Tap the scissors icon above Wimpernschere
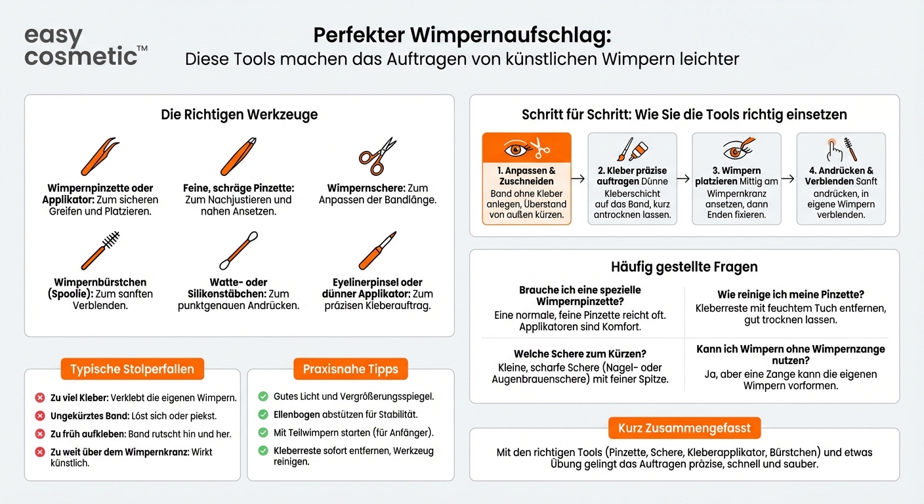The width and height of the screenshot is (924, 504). pos(377,156)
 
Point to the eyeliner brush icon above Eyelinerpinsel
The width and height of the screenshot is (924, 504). pos(377,250)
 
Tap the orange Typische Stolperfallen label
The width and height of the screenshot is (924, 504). pos(132,369)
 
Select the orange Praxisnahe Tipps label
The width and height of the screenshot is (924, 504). pos(350,369)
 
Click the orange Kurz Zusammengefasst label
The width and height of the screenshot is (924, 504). pos(684,429)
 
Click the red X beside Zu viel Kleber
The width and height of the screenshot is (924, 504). pos(39,398)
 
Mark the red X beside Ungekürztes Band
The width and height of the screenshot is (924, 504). pos(39,415)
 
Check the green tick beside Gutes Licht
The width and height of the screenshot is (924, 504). pos(263,396)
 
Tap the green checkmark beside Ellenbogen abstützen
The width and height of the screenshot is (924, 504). pos(263,415)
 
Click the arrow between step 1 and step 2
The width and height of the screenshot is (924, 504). pos(579,178)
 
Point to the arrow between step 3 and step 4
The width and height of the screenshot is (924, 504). pos(789,178)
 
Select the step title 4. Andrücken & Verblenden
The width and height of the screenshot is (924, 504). pos(841,176)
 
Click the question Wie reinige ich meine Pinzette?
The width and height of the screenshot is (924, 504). pos(790,295)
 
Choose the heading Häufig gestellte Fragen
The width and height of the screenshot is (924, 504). pos(684,266)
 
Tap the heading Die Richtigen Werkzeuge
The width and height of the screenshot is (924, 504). pos(239,115)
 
